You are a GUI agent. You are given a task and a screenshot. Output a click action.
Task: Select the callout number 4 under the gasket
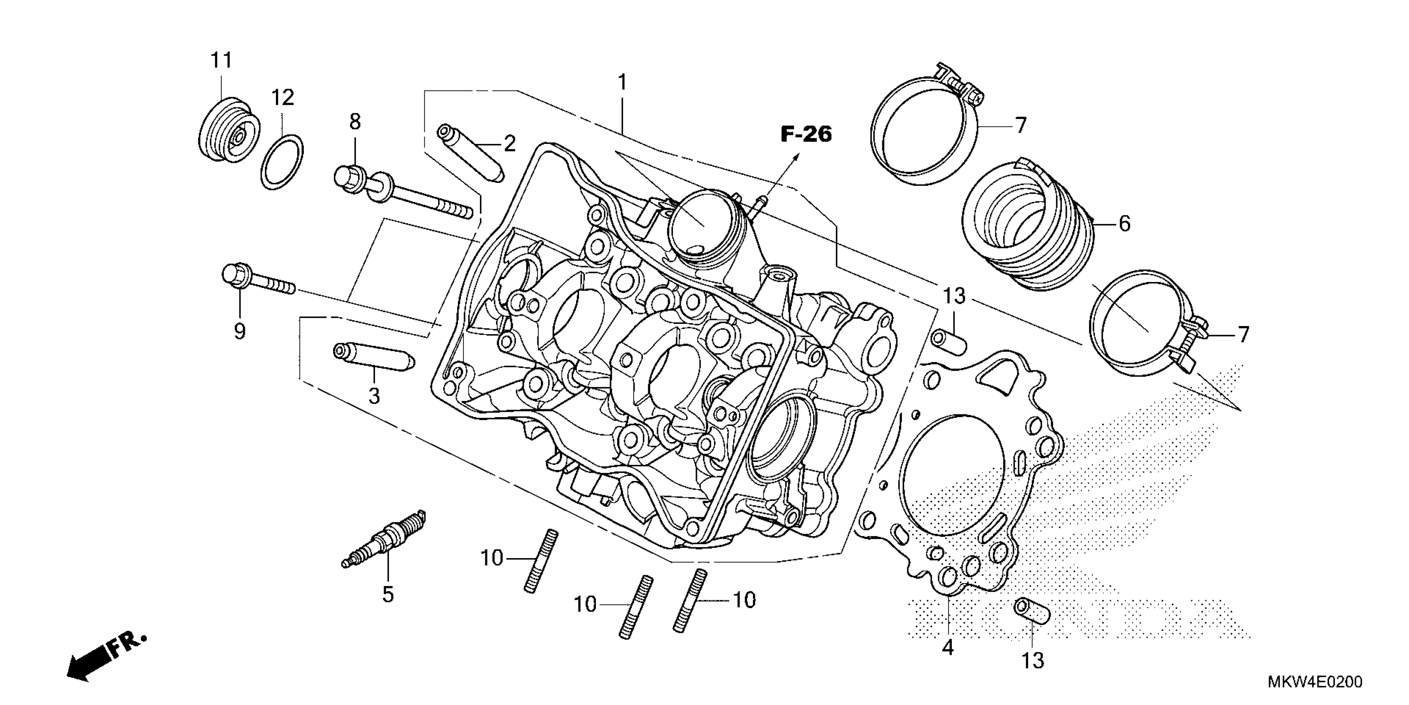click(x=948, y=647)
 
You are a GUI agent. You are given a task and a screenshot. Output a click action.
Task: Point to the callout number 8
click(x=355, y=122)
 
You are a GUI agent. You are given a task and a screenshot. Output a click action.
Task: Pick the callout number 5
click(x=388, y=594)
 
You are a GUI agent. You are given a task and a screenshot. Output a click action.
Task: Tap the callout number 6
click(x=1125, y=224)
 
